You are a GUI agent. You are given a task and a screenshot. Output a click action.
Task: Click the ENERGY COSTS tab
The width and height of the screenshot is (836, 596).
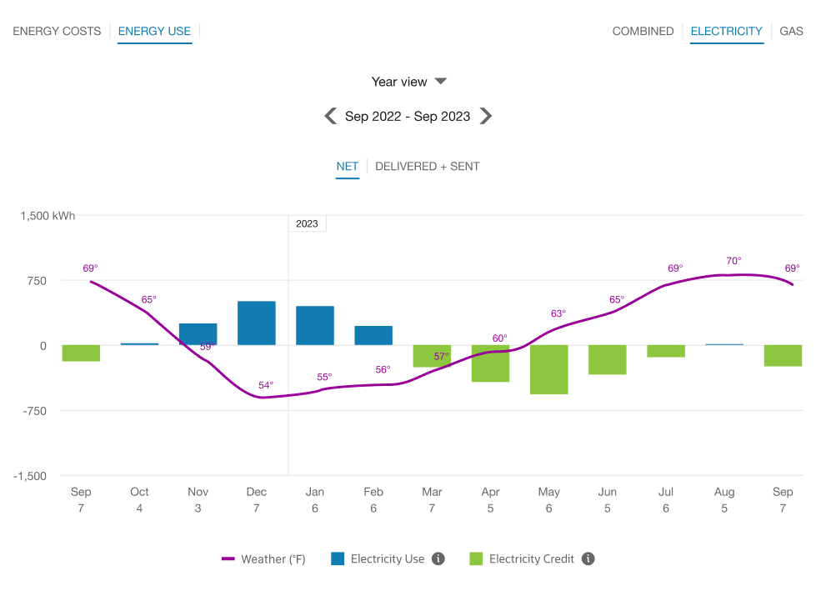57,31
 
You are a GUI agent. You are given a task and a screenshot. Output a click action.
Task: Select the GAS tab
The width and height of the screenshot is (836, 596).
791,31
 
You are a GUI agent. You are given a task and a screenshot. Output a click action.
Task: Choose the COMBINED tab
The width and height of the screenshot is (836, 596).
643,31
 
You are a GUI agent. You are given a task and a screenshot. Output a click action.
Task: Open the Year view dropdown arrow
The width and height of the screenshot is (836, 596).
441,81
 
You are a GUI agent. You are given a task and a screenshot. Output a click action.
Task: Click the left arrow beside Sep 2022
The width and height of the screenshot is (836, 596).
331,116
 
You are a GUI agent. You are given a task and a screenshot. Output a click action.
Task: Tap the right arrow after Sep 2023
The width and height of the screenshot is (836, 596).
486,116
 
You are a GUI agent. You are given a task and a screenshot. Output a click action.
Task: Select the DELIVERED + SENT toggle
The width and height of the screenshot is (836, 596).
427,166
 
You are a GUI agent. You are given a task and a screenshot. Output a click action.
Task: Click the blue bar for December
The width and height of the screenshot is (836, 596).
257,323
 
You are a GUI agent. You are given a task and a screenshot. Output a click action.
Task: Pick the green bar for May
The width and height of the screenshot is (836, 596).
548,369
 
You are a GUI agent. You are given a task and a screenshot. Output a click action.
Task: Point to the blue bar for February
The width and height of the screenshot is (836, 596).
373,335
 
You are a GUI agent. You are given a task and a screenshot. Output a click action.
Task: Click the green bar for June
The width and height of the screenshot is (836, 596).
607,359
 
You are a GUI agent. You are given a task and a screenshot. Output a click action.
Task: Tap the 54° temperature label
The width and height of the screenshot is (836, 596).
265,385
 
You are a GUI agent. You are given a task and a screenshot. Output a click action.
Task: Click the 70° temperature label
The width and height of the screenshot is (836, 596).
733,261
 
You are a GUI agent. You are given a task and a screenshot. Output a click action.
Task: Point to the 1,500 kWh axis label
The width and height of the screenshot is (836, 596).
48,215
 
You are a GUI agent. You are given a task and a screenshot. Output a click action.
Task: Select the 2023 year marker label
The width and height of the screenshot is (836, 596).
307,223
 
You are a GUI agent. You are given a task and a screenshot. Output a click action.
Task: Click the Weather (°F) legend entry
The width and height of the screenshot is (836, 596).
263,559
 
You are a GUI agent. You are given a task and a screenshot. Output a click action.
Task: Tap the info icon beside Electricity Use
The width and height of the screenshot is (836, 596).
438,558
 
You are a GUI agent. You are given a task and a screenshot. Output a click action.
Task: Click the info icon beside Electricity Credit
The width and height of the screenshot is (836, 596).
588,558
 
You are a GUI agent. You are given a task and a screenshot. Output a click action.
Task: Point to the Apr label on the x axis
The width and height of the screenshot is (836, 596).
490,492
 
